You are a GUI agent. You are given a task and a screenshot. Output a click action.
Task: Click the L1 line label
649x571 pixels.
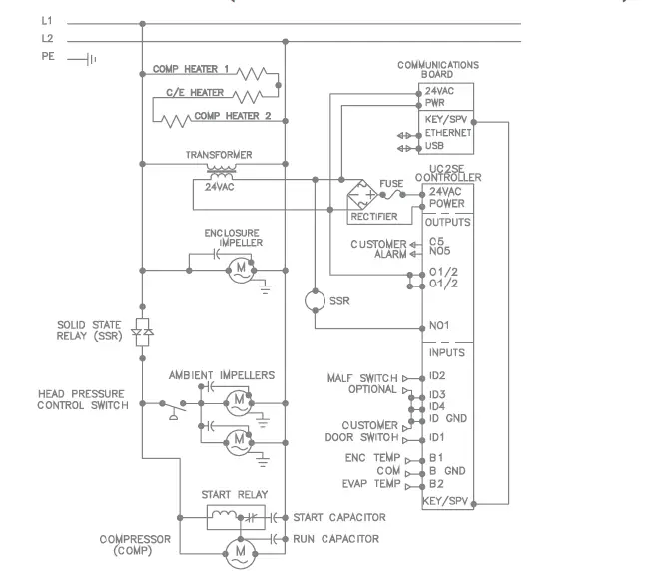pos(47,20)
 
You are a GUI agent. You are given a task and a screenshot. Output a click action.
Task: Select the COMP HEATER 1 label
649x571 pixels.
pos(191,70)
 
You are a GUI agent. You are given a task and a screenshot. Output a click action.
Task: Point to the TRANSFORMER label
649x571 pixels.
pos(218,156)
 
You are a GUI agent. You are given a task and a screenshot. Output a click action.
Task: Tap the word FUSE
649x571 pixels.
pos(392,184)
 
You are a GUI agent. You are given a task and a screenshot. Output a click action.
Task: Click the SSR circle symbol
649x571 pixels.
pos(314,298)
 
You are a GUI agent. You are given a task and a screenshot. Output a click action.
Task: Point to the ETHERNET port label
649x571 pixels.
pos(449,133)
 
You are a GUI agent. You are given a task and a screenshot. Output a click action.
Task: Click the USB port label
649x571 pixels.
pos(434,146)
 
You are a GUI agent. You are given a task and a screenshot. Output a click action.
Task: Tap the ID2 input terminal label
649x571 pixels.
pos(436,378)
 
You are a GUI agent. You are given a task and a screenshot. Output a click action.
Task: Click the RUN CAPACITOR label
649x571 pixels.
pos(335,539)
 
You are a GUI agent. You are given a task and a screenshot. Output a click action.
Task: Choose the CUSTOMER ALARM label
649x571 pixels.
pos(377,249)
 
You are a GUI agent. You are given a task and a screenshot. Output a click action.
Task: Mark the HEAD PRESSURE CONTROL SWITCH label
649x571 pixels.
pos(83,400)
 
